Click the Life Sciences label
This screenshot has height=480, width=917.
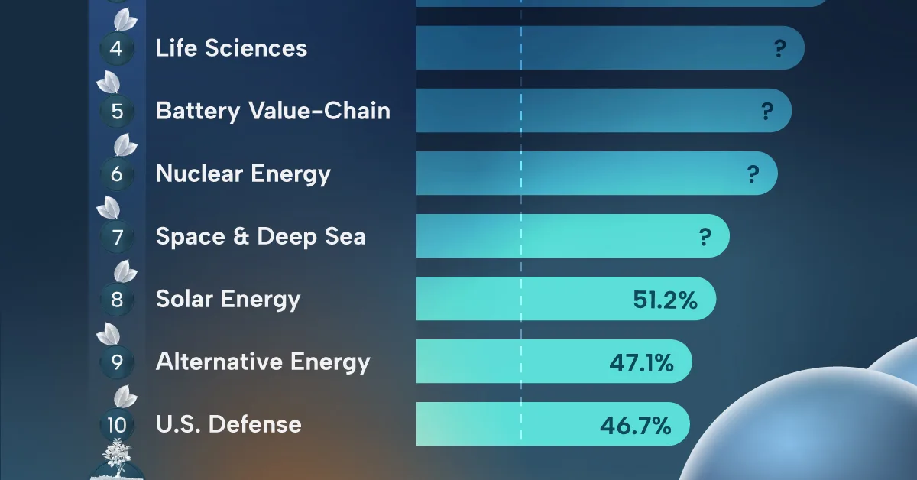[x=231, y=48]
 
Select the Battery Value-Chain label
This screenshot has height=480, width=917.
[x=273, y=111]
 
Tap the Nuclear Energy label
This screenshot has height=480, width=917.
[x=243, y=174]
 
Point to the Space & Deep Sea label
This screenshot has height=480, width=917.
[x=261, y=236]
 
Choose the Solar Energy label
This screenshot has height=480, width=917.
[x=228, y=299]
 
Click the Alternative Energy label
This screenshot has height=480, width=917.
[x=263, y=362]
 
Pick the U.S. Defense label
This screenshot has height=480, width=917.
[x=228, y=424]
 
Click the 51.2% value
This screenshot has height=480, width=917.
[x=665, y=300]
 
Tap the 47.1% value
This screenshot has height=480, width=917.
[x=641, y=362]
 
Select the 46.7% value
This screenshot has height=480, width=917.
[x=640, y=425]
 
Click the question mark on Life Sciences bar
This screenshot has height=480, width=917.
[x=779, y=49]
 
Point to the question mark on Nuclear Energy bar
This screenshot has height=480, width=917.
[x=753, y=174]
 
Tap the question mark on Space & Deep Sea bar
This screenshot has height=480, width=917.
[x=705, y=237]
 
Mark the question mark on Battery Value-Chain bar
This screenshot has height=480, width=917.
[x=766, y=112]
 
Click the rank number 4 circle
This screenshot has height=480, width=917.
[x=117, y=49]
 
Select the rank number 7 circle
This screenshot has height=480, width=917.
[x=117, y=237]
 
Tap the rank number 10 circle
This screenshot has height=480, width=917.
[x=117, y=425]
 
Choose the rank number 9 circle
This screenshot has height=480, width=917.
[x=117, y=362]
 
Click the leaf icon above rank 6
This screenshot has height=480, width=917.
[x=125, y=145]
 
